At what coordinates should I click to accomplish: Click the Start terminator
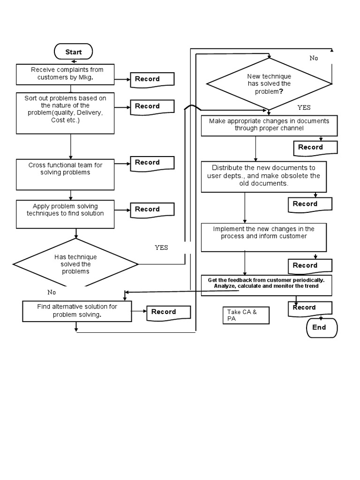pos(74,52)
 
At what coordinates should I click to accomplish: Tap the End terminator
pos(321,327)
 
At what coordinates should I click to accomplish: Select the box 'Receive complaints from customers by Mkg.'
pos(65,74)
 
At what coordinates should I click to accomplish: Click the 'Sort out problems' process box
pos(65,113)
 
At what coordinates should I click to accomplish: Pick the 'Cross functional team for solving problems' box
pos(65,174)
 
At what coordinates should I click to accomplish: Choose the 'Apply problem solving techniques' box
pos(65,214)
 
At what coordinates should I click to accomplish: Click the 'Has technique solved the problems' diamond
pos(75,264)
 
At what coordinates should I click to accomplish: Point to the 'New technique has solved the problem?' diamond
pos(269,84)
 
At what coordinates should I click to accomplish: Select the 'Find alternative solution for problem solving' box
pos(77,311)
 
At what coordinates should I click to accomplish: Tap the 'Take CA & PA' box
pos(246,315)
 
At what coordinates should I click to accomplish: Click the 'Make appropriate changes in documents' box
pos(269,126)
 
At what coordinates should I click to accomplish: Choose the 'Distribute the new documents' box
pos(263,176)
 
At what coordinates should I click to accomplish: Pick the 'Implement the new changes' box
pos(263,237)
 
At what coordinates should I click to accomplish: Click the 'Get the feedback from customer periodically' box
pos(266,285)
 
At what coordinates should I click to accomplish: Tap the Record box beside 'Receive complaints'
pos(152,80)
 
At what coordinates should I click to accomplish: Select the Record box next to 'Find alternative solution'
pos(168,313)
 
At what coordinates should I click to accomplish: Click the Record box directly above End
pos(309,308)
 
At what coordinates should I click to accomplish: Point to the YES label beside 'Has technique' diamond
pos(161,247)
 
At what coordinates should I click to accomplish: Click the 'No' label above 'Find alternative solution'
pos(52,292)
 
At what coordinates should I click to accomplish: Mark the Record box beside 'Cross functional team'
pos(152,163)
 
